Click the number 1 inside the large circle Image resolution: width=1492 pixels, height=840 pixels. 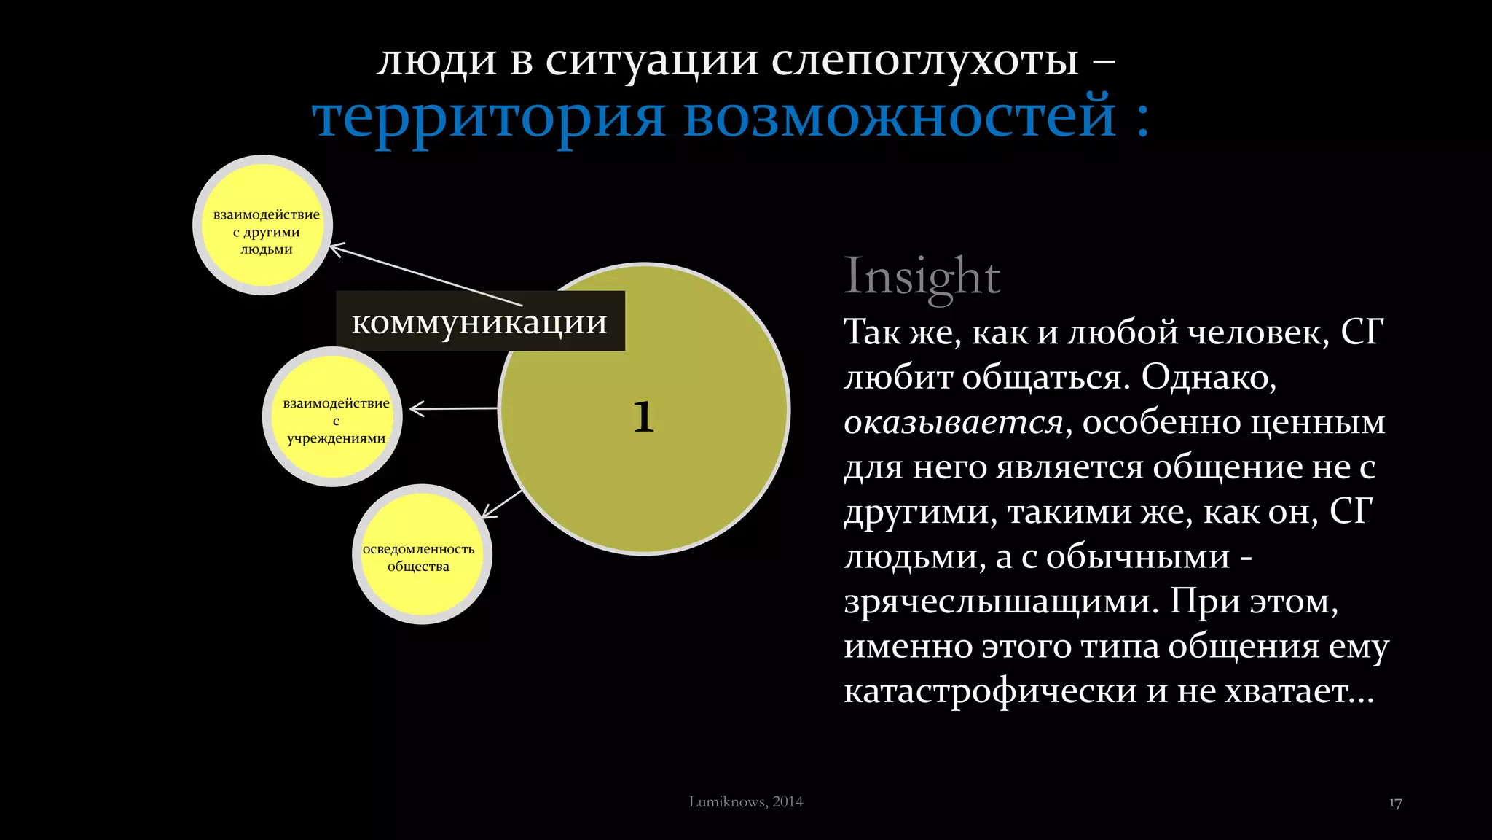point(643,417)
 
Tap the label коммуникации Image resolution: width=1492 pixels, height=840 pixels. point(479,322)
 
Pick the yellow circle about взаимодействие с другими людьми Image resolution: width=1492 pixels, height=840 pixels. point(264,225)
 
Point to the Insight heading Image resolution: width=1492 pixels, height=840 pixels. point(922,277)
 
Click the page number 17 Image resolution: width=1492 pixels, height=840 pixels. point(1395,804)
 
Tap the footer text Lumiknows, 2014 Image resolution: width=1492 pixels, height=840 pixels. point(745,801)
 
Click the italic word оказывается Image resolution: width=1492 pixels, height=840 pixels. point(953,423)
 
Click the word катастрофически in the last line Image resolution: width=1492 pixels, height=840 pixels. point(990,691)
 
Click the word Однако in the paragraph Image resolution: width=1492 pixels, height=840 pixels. point(1208,378)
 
